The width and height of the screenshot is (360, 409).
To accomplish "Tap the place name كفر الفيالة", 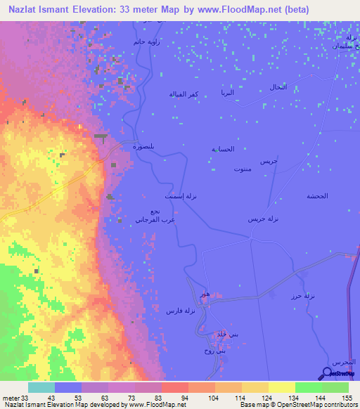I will (x=182, y=93).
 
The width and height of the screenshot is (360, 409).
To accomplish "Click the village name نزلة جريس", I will (x=264, y=219).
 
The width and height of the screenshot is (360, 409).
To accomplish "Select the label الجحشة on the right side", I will (x=318, y=195).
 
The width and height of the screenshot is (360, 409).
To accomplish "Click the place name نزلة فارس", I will (x=179, y=310).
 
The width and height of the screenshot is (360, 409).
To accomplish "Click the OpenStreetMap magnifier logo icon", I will (x=328, y=374).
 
